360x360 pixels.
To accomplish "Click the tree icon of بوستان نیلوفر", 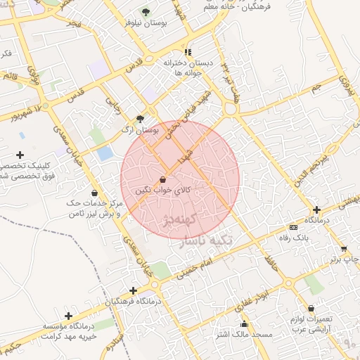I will (146, 12).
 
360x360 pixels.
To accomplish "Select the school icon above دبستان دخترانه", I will (187, 52).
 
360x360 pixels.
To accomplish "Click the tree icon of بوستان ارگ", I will (140, 119).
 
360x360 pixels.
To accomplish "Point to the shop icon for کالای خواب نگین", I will (163, 179).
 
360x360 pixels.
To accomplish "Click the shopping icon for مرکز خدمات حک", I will (94, 193).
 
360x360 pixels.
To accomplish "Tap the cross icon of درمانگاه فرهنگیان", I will (133, 290).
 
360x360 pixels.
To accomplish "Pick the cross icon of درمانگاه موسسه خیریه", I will (68, 316).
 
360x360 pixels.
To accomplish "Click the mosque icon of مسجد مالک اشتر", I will (244, 323).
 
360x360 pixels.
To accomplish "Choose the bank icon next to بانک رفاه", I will (293, 227).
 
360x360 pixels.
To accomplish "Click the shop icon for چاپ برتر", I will (343, 248).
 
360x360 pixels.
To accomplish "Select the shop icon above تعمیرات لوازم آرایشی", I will (311, 308).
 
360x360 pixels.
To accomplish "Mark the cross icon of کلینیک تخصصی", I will (20, 155).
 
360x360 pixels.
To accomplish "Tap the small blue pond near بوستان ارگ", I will (105, 153).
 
